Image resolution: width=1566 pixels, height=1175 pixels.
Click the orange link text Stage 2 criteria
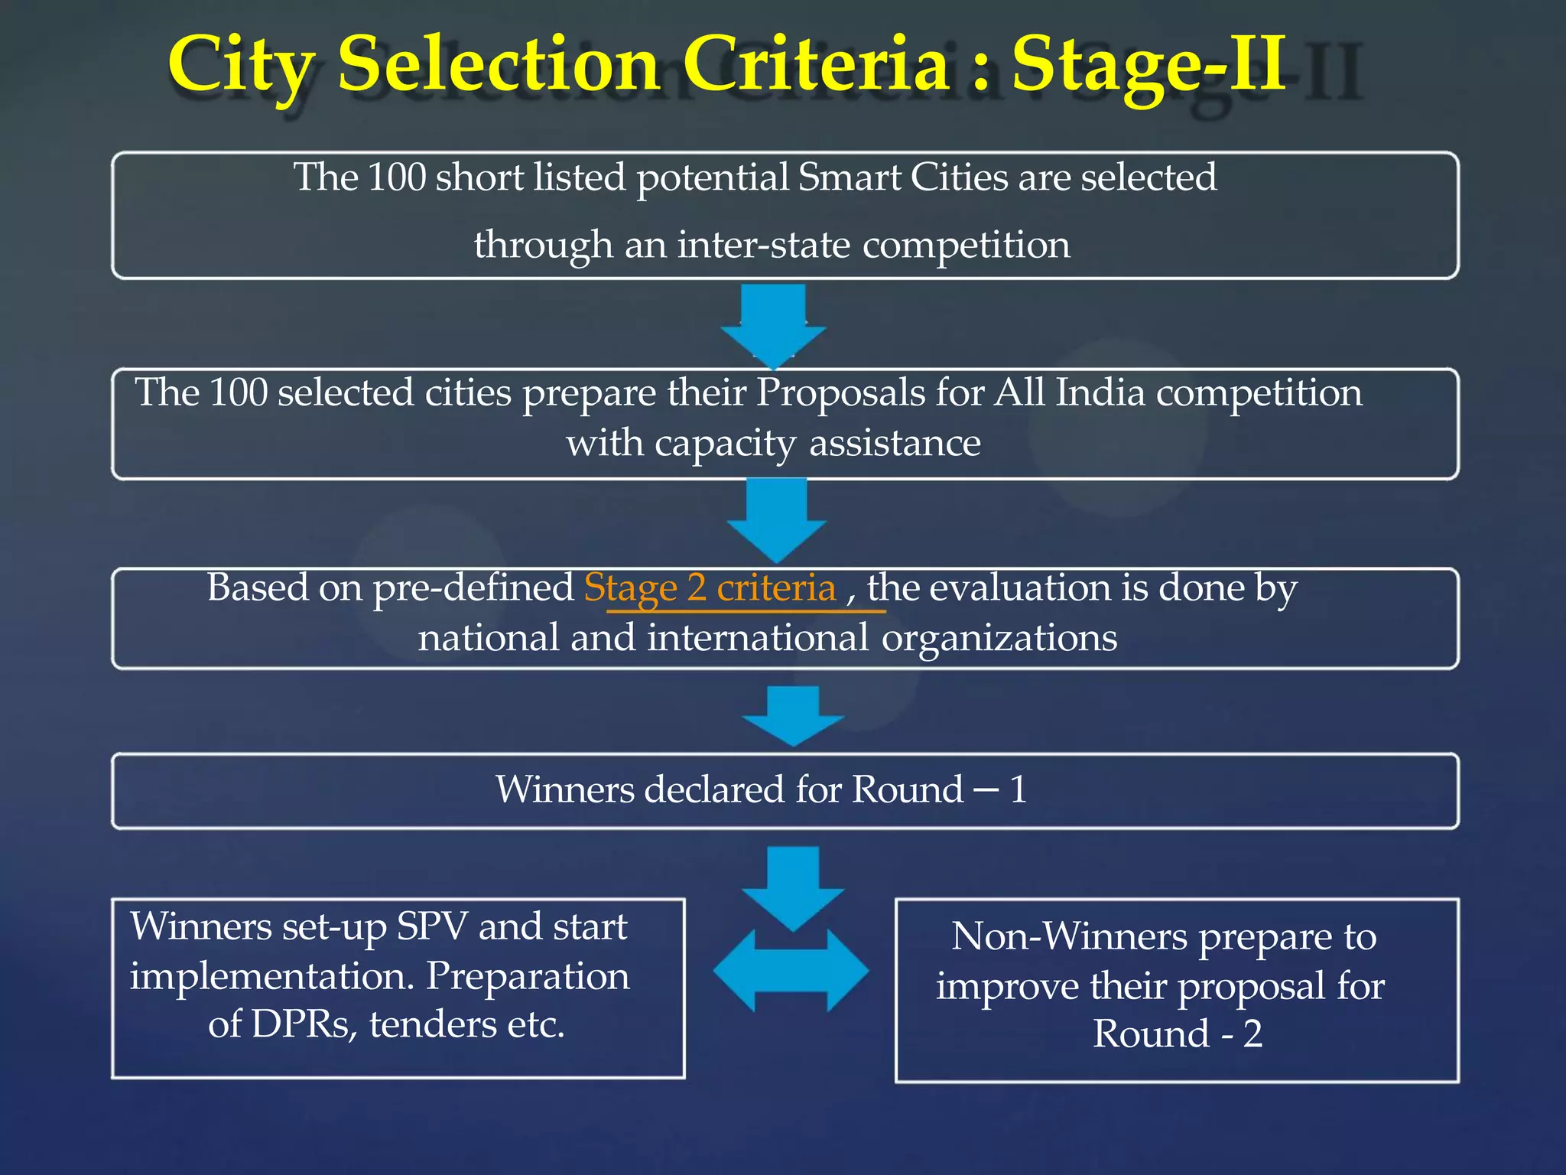click(710, 588)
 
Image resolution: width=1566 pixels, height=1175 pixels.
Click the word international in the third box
click(759, 638)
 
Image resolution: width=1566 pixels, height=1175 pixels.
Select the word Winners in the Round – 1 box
click(564, 789)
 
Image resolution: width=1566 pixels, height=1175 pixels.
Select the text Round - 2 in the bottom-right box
click(1177, 1034)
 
